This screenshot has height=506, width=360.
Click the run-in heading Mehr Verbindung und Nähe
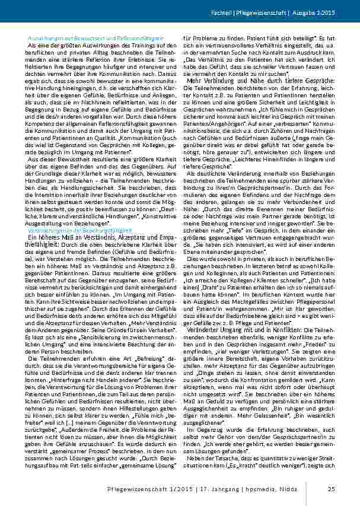click(223, 79)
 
